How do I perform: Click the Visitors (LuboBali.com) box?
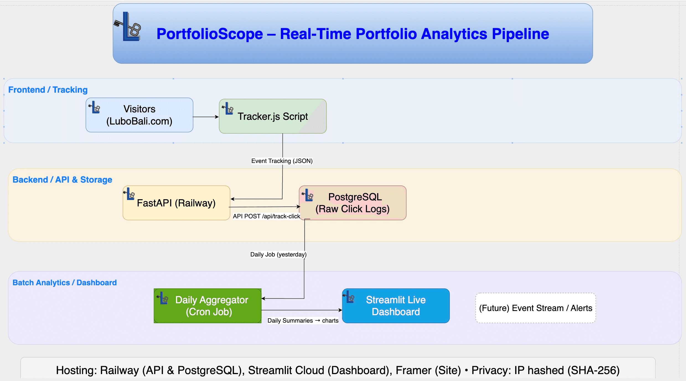[139, 115]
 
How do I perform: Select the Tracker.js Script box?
[273, 116]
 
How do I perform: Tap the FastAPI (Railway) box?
[176, 203]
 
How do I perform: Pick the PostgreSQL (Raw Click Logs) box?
[352, 203]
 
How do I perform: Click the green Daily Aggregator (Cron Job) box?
[208, 306]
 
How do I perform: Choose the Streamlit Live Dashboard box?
[396, 306]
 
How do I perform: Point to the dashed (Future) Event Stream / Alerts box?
[535, 308]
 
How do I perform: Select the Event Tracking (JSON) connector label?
[282, 161]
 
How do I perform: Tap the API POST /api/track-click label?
[266, 216]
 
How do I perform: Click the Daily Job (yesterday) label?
[278, 255]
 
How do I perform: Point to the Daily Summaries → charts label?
[303, 321]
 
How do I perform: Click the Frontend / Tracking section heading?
[48, 90]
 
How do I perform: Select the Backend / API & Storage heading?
[62, 180]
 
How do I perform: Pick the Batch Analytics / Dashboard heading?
[64, 283]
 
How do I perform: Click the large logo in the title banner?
[128, 27]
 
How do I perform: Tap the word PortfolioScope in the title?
[209, 34]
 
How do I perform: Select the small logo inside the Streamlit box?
[349, 297]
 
